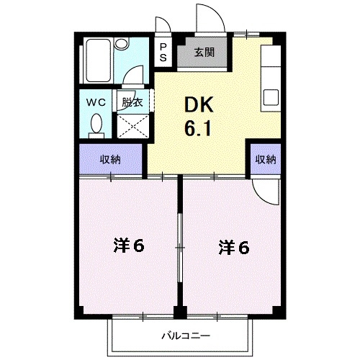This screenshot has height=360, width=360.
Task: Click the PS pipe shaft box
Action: click(x=163, y=53)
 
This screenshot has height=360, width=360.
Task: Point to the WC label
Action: click(x=96, y=102)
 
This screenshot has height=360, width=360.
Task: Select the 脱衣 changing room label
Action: click(x=132, y=102)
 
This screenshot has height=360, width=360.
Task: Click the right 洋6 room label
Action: click(x=234, y=248)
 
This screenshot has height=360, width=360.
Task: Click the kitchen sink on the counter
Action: click(x=271, y=96)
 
